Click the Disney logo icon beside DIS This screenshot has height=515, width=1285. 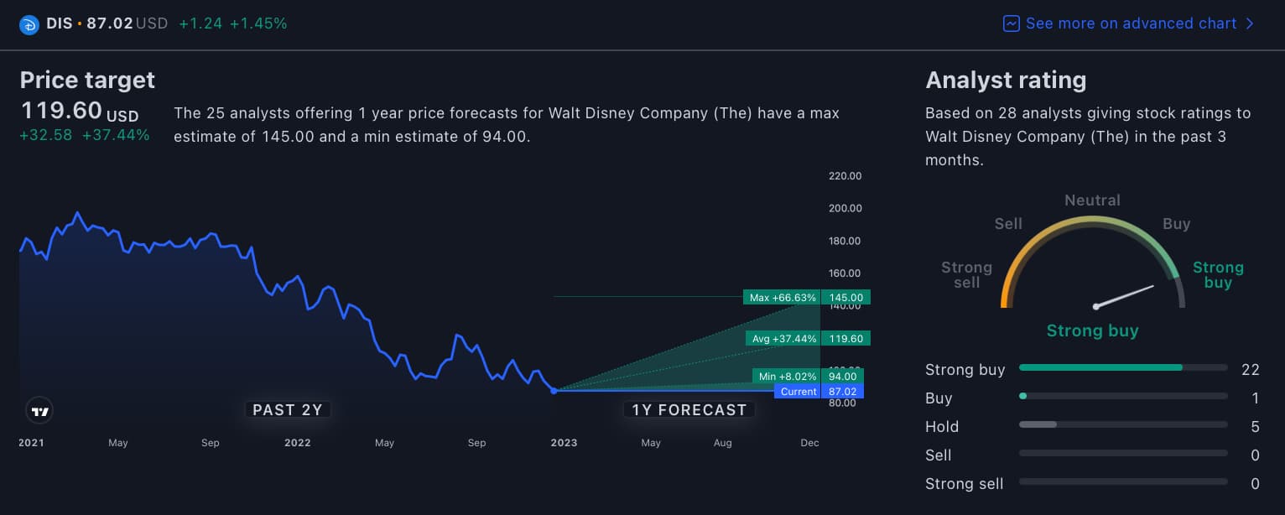click(x=29, y=24)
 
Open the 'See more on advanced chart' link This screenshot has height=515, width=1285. click(x=1129, y=23)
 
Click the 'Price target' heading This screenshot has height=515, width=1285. click(x=87, y=80)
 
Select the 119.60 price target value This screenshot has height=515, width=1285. click(x=61, y=111)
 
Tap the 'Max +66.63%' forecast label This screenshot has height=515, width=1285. click(x=781, y=297)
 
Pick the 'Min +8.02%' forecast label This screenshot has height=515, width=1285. click(x=786, y=377)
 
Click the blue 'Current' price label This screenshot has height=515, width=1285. click(x=798, y=392)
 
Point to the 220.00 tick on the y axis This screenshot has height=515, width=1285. click(x=845, y=176)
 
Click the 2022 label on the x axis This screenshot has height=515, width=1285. click(x=297, y=443)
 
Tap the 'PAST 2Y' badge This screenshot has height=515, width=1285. click(x=288, y=409)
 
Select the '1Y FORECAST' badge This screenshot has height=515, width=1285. click(x=689, y=409)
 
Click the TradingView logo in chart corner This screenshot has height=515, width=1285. click(x=39, y=411)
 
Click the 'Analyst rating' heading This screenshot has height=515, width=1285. click(x=1006, y=80)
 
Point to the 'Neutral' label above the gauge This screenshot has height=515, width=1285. click(x=1092, y=200)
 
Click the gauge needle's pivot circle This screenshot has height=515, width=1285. click(x=1095, y=306)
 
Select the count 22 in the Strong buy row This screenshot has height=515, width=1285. click(x=1250, y=370)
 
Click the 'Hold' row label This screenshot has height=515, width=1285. click(x=942, y=427)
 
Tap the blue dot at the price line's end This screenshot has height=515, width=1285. click(x=554, y=391)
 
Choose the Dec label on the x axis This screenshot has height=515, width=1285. click(x=809, y=443)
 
